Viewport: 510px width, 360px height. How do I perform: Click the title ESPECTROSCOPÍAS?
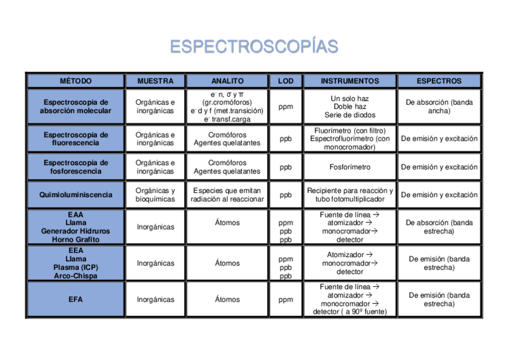(254, 47)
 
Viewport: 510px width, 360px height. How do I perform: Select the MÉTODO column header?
(75, 81)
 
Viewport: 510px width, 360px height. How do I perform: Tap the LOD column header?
(286, 81)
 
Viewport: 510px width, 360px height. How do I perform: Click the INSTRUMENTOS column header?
(349, 81)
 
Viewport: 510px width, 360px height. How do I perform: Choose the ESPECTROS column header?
(438, 81)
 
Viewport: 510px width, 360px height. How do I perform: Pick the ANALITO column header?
(227, 81)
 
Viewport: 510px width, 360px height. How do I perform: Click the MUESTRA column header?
(155, 81)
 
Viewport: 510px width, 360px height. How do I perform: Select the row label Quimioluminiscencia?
(76, 195)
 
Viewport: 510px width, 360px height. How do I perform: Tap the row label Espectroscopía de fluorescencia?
(76, 139)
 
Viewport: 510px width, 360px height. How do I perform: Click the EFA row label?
(76, 299)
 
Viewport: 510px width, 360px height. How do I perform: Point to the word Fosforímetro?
(349, 167)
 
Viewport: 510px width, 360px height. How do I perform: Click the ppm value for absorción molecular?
(286, 106)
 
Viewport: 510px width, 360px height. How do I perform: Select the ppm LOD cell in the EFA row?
(286, 299)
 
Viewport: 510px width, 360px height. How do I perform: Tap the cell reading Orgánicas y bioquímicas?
(155, 195)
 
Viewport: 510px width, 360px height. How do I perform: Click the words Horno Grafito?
(76, 239)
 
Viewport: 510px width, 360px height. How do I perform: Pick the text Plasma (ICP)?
(76, 267)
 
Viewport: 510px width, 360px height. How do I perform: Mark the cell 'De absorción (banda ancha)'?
(439, 106)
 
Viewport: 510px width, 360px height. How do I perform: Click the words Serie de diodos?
(349, 115)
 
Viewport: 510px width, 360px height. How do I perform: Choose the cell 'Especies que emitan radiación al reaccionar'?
(227, 195)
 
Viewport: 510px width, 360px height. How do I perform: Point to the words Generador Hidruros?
(76, 231)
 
